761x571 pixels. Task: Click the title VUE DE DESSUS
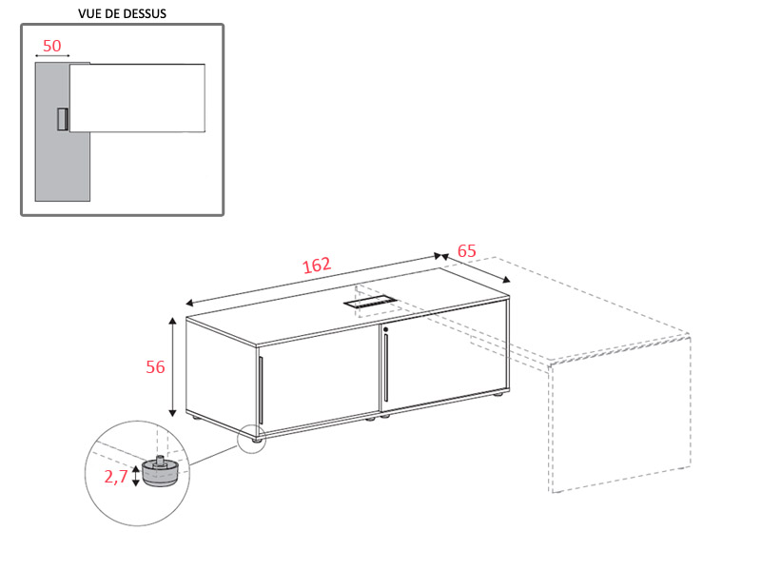[x=123, y=13]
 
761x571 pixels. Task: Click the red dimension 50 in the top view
[x=52, y=46]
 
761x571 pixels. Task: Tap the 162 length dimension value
[x=317, y=266]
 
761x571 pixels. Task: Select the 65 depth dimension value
[x=466, y=251]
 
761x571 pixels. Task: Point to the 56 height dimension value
[x=155, y=367]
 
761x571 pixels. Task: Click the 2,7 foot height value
[x=115, y=477]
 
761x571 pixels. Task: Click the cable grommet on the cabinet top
[x=370, y=303]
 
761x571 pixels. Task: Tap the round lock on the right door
[x=386, y=329]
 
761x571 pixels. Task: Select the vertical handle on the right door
[x=386, y=367]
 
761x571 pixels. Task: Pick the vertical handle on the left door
[x=261, y=390]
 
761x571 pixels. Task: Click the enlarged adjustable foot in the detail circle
[x=160, y=471]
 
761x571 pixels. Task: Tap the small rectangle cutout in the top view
[x=63, y=120]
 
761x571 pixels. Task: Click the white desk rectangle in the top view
[x=137, y=98]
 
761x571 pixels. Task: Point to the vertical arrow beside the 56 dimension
[x=172, y=366]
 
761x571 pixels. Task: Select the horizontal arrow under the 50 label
[x=52, y=56]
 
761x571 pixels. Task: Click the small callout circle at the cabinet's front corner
[x=252, y=438]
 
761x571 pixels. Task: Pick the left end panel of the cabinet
[x=221, y=375]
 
